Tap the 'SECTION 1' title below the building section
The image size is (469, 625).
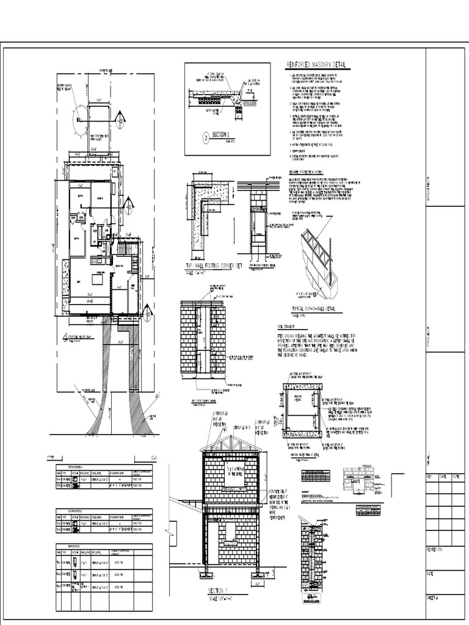(217, 591)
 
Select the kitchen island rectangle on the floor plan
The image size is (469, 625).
(96, 280)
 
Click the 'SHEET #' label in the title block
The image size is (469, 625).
(433, 599)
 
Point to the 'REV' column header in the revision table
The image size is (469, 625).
(430, 477)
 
